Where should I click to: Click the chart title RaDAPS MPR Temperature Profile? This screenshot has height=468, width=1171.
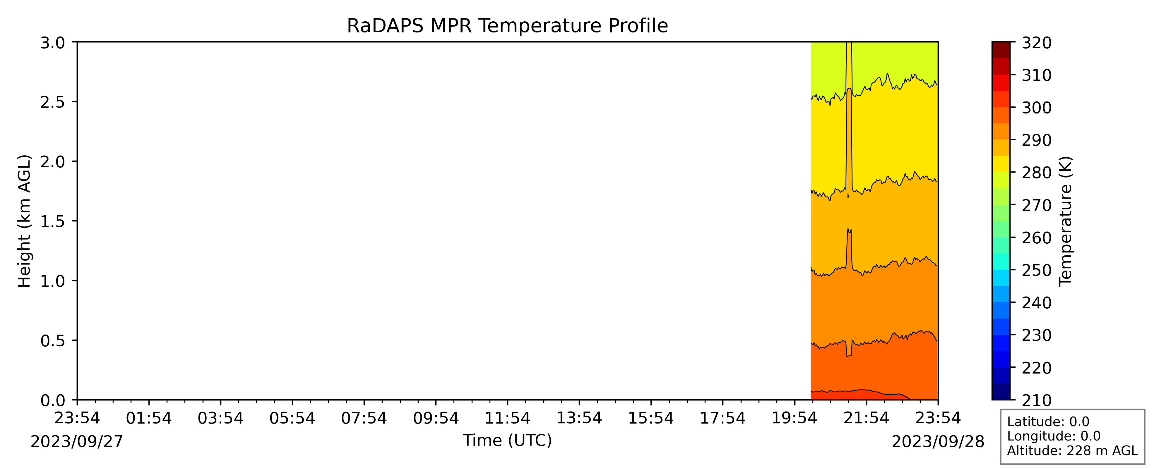click(507, 26)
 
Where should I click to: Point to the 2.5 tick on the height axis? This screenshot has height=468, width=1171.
click(75, 102)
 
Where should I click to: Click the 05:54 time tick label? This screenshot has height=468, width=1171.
click(292, 418)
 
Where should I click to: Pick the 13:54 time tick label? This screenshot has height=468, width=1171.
click(579, 418)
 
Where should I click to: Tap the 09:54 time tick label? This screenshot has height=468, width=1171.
click(436, 418)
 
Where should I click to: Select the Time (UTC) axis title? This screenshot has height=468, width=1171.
click(507, 440)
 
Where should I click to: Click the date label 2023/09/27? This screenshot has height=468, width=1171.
click(77, 442)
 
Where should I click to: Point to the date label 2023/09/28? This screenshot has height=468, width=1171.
click(938, 442)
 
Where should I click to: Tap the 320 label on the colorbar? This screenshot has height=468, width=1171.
click(1036, 43)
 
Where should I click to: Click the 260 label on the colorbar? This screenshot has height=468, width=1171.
click(1036, 238)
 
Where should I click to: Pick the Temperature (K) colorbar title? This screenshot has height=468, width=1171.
click(1066, 221)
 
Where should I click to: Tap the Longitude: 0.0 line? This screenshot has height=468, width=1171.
click(1054, 436)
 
